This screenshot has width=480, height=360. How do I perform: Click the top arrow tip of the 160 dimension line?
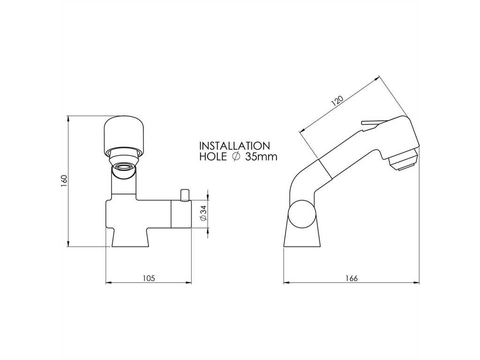tap(68, 116)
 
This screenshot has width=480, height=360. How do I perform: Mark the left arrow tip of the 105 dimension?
tap(105, 283)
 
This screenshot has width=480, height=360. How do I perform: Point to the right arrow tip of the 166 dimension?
tap(420, 283)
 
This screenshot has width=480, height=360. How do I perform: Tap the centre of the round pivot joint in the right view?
tap(302, 214)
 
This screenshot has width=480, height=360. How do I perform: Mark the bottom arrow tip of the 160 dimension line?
tap(68, 246)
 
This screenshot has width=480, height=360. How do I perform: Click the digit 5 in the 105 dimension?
tap(153, 278)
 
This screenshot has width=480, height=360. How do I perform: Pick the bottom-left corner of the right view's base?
tap(284, 246)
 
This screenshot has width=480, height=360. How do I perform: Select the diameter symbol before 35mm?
tap(236, 157)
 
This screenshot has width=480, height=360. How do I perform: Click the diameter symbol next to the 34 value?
tap(204, 218)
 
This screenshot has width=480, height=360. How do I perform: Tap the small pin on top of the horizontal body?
tap(185, 195)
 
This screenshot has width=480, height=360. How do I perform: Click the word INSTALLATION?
tap(234, 145)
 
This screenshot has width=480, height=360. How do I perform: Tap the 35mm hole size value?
tap(261, 157)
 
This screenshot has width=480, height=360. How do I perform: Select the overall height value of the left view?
tap(64, 181)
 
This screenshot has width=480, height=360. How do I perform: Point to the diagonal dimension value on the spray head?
tap(337, 101)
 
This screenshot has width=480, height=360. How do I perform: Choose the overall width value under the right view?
tap(352, 278)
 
